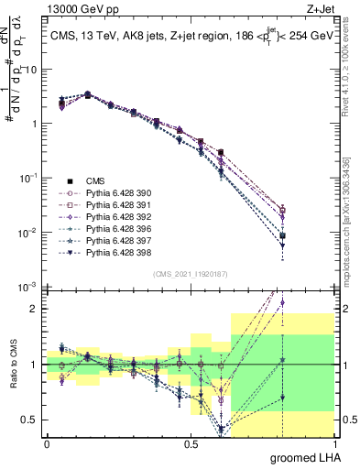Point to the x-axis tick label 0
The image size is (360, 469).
(x=47, y=443)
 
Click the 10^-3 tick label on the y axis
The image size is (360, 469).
(x=28, y=289)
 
